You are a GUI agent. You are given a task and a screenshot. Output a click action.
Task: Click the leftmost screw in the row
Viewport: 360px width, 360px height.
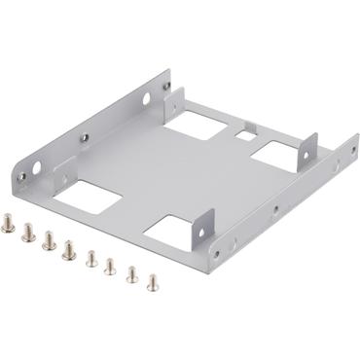coord(10,226)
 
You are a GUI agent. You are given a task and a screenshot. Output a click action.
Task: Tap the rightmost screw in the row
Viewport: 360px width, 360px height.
coord(153,282)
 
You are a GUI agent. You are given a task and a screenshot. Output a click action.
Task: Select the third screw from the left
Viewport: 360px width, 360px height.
coord(49,240)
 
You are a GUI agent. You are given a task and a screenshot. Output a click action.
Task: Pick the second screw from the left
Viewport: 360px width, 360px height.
coord(29,233)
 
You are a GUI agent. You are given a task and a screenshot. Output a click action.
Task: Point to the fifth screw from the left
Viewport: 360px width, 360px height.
coord(91,258)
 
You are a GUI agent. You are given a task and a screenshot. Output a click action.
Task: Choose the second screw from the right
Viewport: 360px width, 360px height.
coord(131,274)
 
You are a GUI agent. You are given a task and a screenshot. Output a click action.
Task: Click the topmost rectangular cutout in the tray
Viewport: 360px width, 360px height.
coord(193,124)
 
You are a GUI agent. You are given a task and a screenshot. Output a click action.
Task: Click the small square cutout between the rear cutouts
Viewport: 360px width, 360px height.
coord(248,127)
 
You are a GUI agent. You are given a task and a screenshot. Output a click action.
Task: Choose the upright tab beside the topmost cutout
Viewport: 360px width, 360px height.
coord(174,100)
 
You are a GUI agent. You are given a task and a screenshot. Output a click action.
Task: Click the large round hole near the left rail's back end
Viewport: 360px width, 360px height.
coord(145,98)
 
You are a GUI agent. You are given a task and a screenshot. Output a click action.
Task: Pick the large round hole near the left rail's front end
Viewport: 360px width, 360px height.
coord(37,168)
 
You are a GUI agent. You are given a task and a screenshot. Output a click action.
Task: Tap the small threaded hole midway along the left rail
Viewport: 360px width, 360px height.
coord(85,137)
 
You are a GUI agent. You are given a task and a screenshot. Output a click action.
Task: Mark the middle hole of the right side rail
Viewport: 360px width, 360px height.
coord(275,208)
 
